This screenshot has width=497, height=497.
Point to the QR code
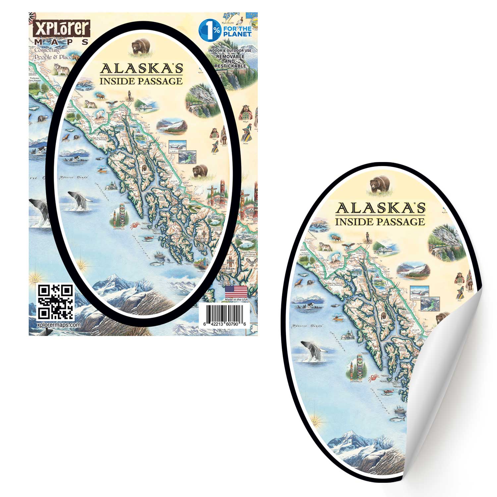55,302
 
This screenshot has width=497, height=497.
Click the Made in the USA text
236,300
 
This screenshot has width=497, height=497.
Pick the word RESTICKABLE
230,66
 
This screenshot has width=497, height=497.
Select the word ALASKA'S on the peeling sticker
380,209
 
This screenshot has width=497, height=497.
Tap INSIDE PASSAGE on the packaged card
141,81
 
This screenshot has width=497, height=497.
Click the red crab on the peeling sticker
374,378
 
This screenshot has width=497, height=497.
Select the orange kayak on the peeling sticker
338,319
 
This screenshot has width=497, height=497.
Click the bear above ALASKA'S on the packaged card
141,46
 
